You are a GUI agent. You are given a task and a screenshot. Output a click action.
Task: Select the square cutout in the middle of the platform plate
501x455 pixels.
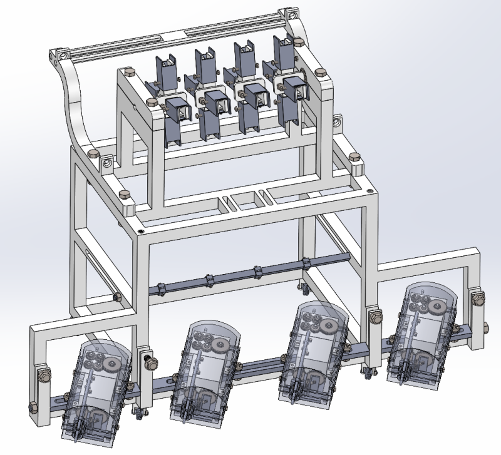click(x=242, y=200)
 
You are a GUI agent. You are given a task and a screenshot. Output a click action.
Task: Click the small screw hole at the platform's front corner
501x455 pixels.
click(x=140, y=232)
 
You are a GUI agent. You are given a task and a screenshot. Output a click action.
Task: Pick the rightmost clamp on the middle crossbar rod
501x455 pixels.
click(x=306, y=263)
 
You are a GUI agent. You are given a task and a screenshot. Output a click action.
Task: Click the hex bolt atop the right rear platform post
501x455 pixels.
click(x=354, y=157)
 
